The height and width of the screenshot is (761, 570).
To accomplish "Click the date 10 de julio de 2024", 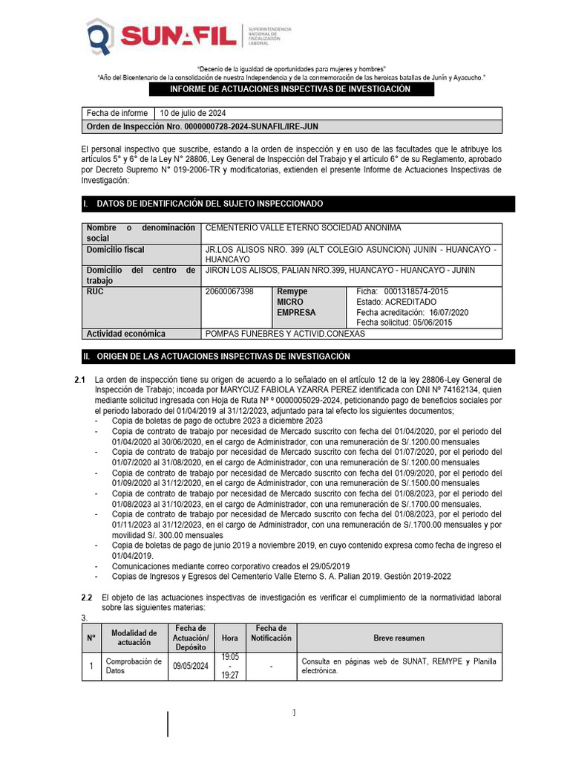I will coord(192,114).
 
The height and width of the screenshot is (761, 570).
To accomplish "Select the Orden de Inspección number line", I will coord(203,126).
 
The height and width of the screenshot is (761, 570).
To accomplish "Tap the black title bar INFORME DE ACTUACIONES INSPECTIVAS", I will coord(290,89).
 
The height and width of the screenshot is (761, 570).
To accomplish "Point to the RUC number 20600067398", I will coord(229,291).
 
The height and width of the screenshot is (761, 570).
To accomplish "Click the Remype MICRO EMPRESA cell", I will coord(296,302).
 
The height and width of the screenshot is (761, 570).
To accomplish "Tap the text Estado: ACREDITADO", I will coord(396,302).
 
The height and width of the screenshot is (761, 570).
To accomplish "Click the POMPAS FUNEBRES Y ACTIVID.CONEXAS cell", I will coord(284,334).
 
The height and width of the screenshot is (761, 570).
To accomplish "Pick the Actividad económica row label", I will coord(126,334).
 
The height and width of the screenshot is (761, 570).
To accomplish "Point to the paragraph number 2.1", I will coord(81,380).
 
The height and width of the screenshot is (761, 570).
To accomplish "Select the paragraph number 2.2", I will coord(86,598).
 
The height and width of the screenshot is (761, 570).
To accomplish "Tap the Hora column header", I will coord(230,638).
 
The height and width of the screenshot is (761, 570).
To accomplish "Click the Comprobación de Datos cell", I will coord(134,666).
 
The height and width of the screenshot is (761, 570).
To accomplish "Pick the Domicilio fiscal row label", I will coord(115,250).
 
